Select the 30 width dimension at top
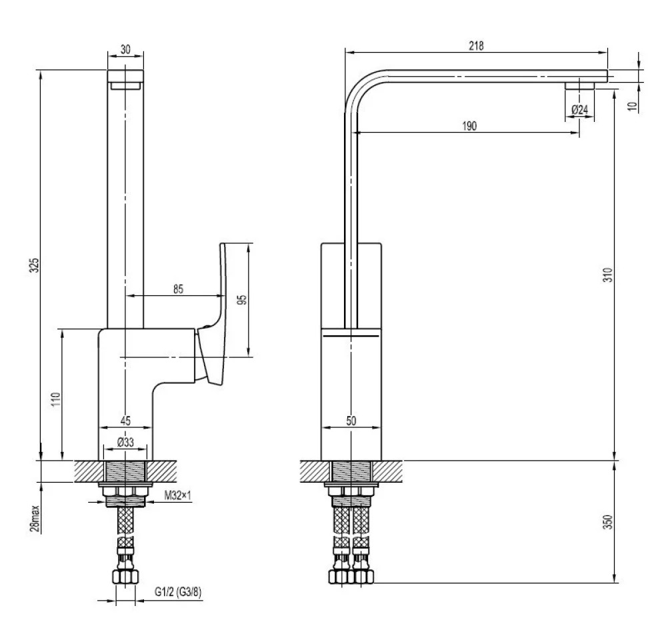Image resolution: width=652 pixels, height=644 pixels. pyautogui.click(x=125, y=49)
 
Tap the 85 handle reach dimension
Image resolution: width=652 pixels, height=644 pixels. pyautogui.click(x=178, y=289)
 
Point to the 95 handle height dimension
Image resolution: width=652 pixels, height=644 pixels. pyautogui.click(x=243, y=300)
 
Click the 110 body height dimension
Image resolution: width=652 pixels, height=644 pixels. pyautogui.click(x=56, y=399)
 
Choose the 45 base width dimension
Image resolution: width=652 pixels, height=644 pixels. pyautogui.click(x=125, y=421)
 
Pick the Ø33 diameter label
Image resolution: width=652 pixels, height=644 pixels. pyautogui.click(x=125, y=442)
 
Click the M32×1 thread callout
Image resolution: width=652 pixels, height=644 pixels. pyautogui.click(x=177, y=495)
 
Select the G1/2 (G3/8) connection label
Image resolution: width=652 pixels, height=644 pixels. pyautogui.click(x=178, y=591)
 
